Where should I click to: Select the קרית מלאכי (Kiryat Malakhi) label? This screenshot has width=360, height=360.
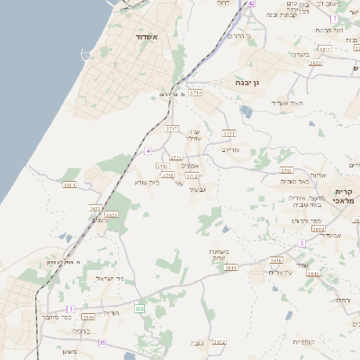346,197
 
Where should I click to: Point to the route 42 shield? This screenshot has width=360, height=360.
252,4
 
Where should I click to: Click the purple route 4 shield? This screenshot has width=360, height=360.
149,150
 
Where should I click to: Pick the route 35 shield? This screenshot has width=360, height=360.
102,342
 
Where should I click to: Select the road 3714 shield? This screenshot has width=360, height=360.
196,92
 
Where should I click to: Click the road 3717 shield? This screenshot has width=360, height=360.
174,129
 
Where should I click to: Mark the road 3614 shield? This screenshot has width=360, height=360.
230,267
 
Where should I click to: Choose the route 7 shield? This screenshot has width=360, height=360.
334,18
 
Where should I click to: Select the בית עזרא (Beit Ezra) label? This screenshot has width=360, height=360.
147,182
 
